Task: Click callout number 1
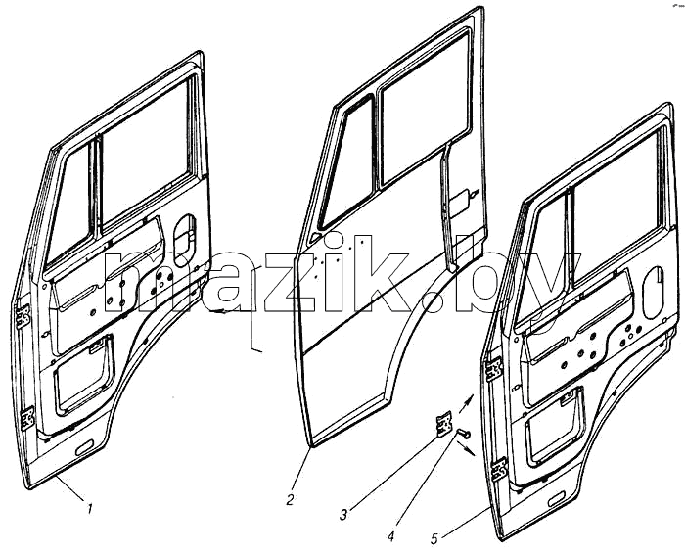click(90, 509)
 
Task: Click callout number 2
click(290, 499)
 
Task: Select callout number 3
click(343, 515)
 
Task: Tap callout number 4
click(391, 536)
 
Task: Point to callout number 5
click(434, 538)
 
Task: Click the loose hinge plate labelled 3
click(444, 423)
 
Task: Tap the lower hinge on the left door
click(27, 418)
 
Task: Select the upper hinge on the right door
click(494, 369)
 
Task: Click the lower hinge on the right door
click(499, 470)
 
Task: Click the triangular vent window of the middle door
click(344, 166)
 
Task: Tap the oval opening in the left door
click(185, 241)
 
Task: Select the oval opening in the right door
click(654, 293)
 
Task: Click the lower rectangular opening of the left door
click(84, 374)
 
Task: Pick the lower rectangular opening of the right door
click(555, 427)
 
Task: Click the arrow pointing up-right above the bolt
click(467, 402)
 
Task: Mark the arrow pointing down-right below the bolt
click(466, 448)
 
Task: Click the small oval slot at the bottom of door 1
click(84, 447)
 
